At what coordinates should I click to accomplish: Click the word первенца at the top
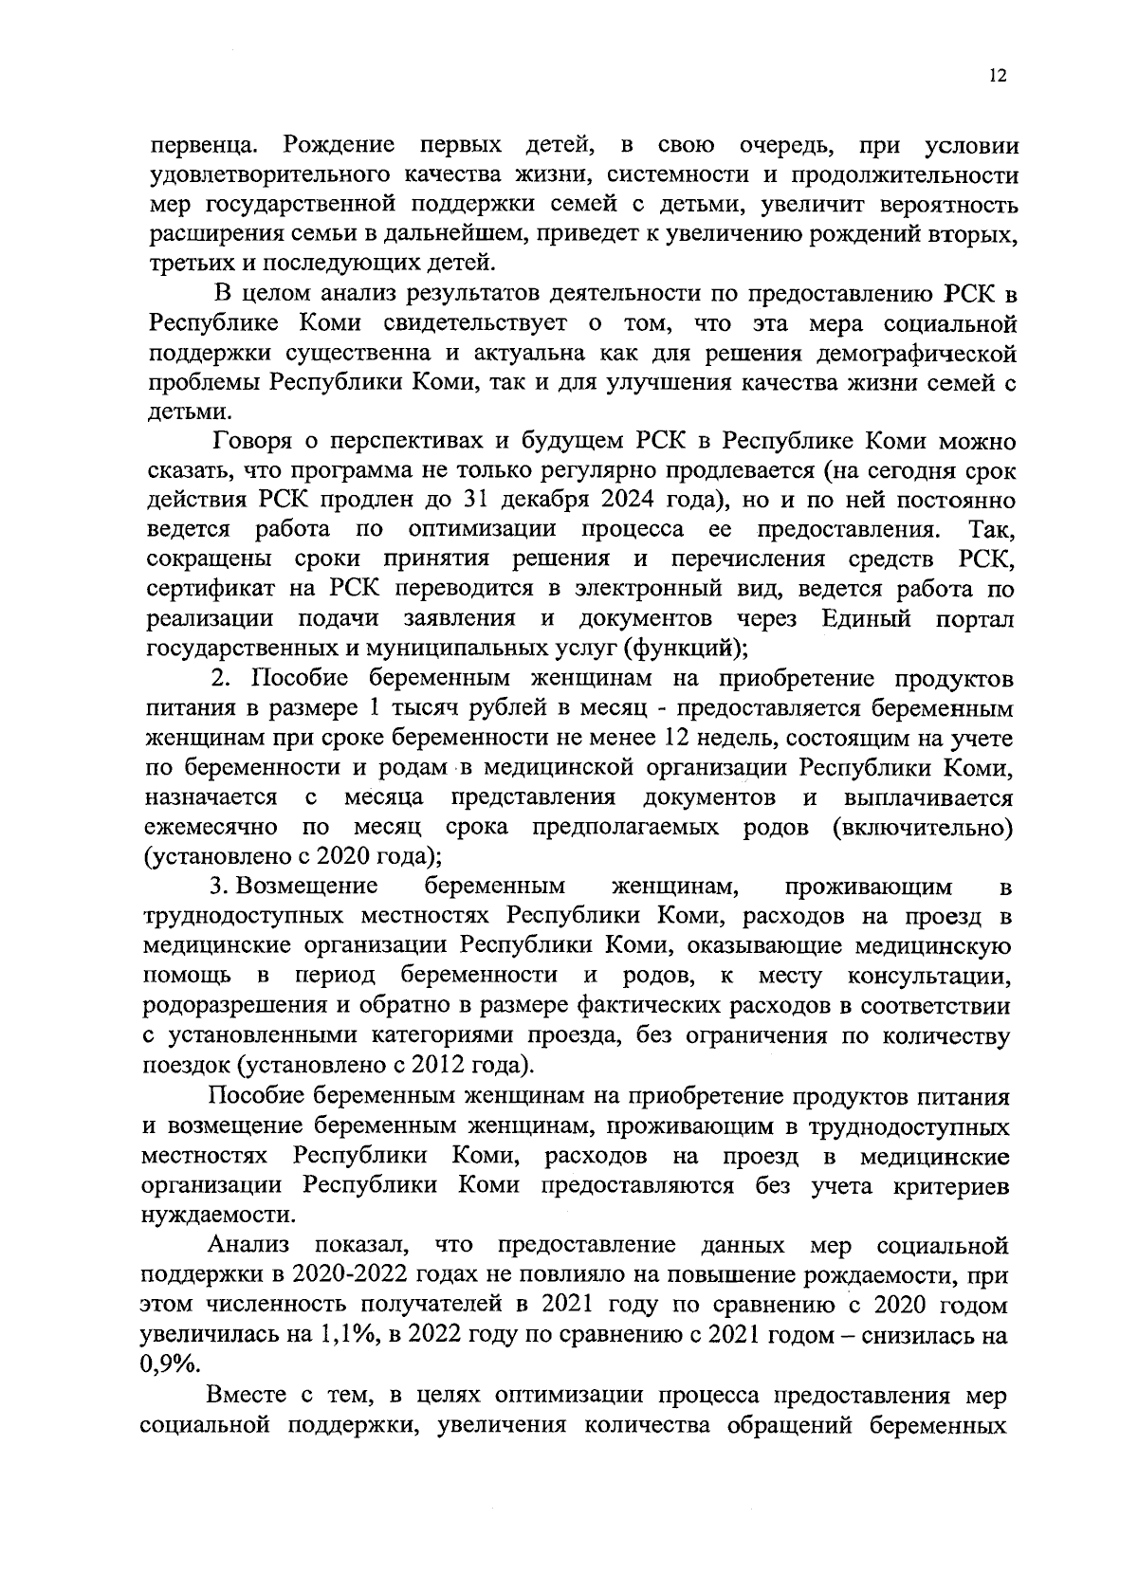coord(198,147)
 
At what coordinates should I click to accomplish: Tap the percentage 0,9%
coord(169,1364)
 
